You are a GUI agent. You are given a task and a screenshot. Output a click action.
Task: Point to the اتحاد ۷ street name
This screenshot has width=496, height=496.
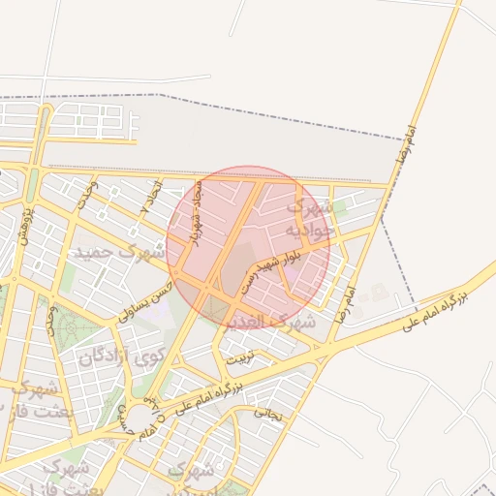(x=152, y=199)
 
